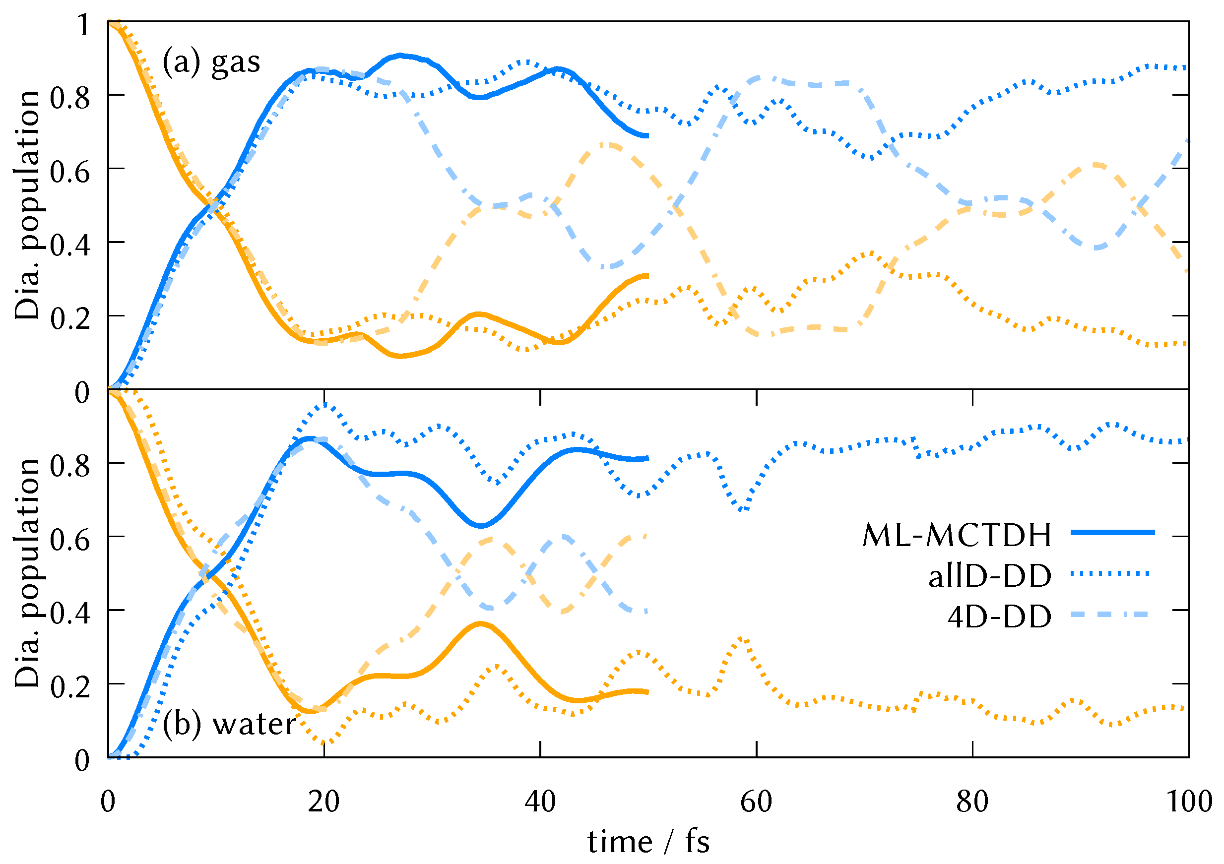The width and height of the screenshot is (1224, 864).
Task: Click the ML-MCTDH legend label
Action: click(x=957, y=535)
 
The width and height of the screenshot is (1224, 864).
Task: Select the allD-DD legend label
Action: click(x=989, y=576)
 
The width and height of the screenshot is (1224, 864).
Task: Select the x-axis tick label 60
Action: click(x=756, y=802)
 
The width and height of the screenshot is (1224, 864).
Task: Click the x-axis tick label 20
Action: click(x=323, y=802)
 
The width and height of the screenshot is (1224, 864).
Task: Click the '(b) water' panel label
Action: click(x=229, y=724)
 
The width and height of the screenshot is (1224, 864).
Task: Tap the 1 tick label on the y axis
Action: click(x=83, y=24)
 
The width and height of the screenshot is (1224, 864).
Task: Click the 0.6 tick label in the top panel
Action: click(x=70, y=172)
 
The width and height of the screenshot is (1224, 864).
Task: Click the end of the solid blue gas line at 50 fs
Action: click(x=646, y=136)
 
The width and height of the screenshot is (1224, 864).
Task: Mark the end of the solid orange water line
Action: click(x=646, y=692)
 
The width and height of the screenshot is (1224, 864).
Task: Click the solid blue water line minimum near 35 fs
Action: click(x=481, y=526)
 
